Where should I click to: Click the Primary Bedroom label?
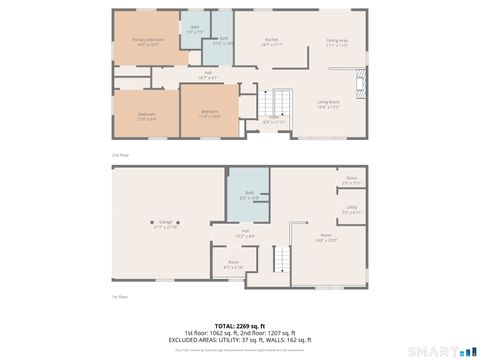pos(148,42)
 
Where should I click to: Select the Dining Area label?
pos(337,42)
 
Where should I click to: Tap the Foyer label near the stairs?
pos(273,119)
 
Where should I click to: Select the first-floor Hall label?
pos(244,233)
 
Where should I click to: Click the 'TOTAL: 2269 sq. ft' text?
pos(240,325)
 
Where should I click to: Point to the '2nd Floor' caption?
pos(120,155)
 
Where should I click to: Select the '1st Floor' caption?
pos(120,296)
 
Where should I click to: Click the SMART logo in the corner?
pos(441,351)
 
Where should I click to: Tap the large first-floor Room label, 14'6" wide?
pos(326,236)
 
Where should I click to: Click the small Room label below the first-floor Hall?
pos(233,266)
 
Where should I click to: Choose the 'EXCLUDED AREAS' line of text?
pos(240,339)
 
